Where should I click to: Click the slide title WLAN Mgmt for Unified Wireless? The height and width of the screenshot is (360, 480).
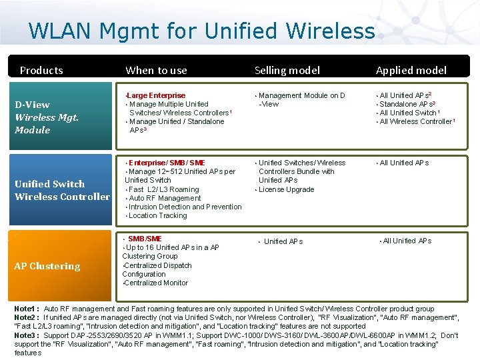click(x=201, y=31)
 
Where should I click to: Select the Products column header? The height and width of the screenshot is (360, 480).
click(x=41, y=70)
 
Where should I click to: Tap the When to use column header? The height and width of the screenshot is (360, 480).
click(x=156, y=70)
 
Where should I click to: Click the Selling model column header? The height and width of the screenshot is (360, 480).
click(x=287, y=70)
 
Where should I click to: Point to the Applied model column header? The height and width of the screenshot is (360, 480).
click(x=411, y=70)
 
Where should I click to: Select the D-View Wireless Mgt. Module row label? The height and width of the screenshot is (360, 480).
click(x=47, y=117)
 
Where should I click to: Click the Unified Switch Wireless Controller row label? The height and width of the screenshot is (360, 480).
click(x=61, y=190)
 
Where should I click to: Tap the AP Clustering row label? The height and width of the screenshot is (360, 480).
click(x=47, y=266)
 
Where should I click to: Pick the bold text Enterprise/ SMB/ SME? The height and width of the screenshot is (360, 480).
click(x=167, y=163)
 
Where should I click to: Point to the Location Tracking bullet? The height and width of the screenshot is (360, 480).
click(x=157, y=215)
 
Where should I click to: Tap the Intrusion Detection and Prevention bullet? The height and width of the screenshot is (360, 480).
click(x=185, y=207)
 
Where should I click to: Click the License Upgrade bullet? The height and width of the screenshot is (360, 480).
click(x=286, y=189)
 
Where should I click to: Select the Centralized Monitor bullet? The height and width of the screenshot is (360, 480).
click(x=156, y=283)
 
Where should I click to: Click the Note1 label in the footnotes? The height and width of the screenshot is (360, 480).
click(x=26, y=309)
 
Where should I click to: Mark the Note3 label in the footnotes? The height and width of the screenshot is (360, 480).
click(x=26, y=335)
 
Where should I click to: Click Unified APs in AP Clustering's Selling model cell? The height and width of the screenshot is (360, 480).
click(x=283, y=241)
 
